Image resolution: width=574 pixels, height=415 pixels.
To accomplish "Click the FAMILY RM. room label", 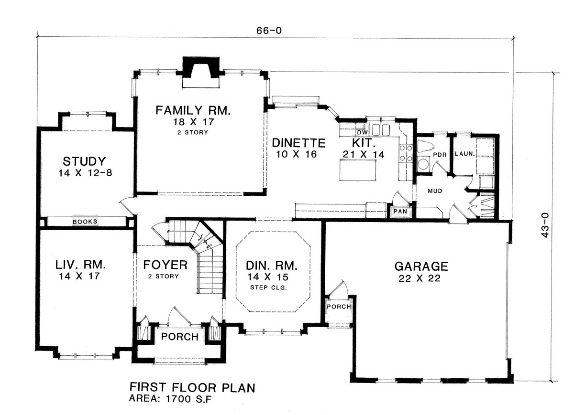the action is [193, 110].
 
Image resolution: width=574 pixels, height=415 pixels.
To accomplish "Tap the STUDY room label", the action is [84, 161].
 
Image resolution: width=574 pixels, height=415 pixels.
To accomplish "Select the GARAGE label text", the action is [421, 266].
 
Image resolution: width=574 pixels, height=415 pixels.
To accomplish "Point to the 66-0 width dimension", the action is [269, 31].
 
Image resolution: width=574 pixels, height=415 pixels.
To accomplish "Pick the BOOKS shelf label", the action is [85, 222].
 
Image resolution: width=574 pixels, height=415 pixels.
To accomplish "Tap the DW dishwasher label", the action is [363, 132].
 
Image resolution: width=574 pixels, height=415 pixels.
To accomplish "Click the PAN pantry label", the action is [400, 212].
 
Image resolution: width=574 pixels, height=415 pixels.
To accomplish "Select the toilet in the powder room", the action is [425, 147].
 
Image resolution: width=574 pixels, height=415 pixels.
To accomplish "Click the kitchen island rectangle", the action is [358, 170].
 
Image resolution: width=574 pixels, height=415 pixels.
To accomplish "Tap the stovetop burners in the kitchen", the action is [406, 153].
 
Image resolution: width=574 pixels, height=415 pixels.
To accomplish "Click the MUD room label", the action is [435, 191].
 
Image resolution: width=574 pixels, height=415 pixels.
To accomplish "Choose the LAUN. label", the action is [465, 154].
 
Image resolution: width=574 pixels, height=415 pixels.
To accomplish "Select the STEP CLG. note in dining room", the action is [268, 287].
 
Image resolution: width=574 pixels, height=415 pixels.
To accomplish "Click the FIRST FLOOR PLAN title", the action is [192, 388].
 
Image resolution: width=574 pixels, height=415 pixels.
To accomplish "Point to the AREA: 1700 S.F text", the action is [170, 399].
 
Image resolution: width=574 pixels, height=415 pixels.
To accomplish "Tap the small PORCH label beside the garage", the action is [339, 307].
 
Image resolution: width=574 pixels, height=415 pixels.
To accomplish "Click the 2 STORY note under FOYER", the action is [163, 277].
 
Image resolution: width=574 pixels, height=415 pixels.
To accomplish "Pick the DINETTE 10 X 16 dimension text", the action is [297, 154].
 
